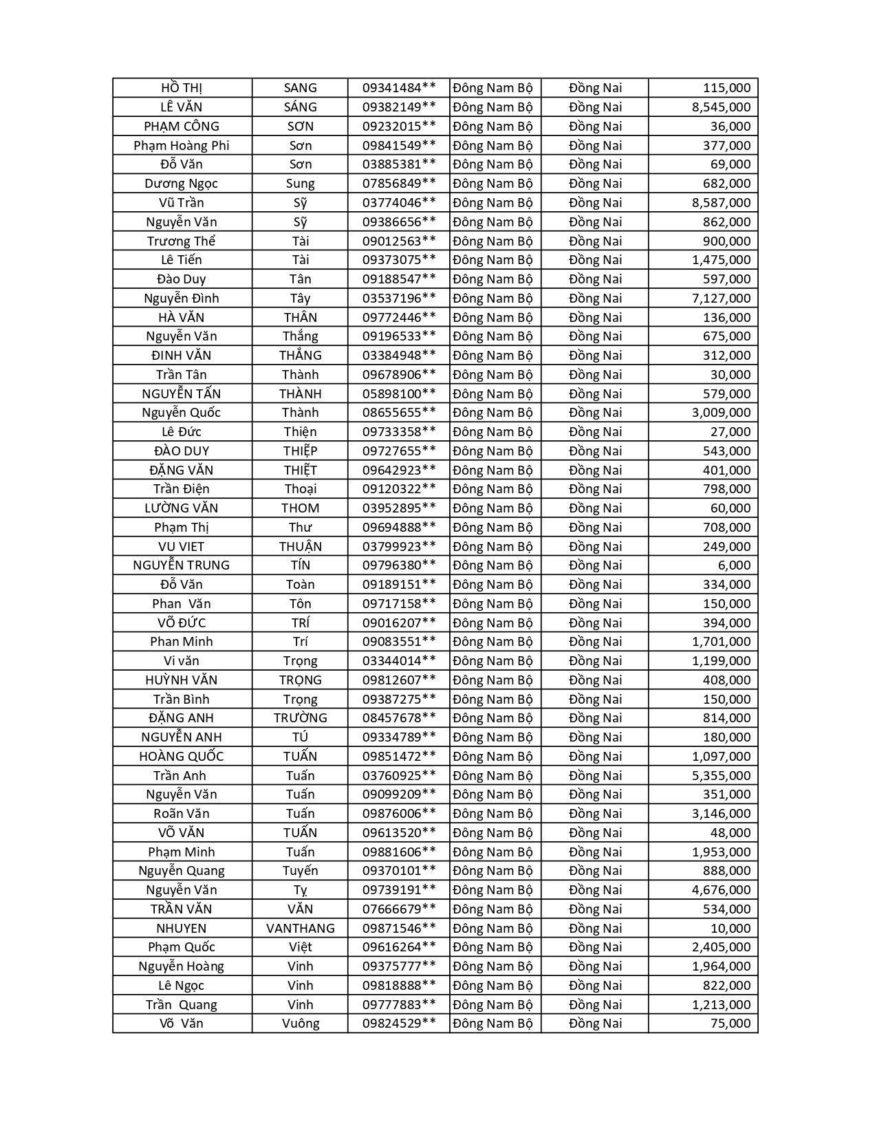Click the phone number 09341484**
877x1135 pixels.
click(399, 88)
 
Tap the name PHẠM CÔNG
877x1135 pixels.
click(182, 127)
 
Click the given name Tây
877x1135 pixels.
click(301, 299)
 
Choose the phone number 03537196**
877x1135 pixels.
click(399, 299)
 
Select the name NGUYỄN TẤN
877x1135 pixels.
click(182, 394)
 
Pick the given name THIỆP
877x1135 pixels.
click(301, 451)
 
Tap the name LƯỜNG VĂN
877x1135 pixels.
click(182, 508)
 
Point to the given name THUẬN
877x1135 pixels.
click(301, 547)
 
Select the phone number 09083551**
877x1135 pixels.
click(399, 642)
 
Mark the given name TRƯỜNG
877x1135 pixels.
click(301, 718)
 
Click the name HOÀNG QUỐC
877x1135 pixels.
click(182, 757)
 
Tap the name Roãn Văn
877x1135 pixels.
click(182, 814)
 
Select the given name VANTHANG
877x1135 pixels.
click(301, 929)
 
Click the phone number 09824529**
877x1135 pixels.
click(399, 1024)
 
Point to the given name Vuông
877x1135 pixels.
click(301, 1024)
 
